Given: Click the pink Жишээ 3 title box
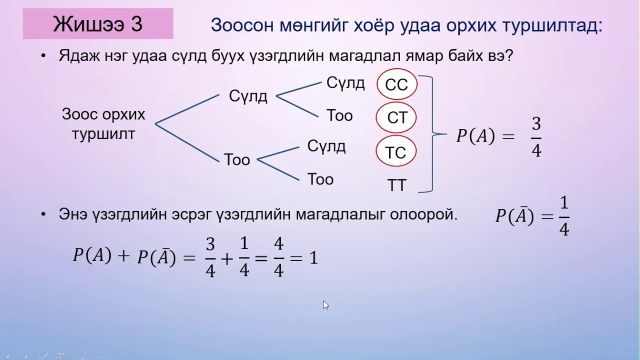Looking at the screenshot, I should coord(98,23).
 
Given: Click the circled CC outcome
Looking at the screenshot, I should coord(396,85).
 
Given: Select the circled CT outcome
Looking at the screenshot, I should coord(396,118).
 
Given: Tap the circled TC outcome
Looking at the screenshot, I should coord(395,152).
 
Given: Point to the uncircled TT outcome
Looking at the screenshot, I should coord(397,185).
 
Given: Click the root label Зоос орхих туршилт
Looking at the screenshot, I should coord(103,124).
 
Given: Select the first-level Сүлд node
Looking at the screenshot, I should coord(248,96).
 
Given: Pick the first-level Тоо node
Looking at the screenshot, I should coord(237,160).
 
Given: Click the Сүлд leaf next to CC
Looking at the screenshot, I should coord(345,83).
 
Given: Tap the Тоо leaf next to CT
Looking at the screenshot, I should coord(339,116).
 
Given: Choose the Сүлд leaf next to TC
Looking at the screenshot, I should coord(326,146).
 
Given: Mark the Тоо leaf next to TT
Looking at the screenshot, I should coord(320,179).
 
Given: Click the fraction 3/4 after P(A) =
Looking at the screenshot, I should coord(536,137).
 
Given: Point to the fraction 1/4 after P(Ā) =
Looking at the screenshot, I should coord(564,216).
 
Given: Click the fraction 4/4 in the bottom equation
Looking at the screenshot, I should coord(278,257).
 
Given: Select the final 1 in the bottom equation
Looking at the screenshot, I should coord(313,258).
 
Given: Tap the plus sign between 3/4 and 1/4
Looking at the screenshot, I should coord(227,258).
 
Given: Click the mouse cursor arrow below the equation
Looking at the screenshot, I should coord(325,304).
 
